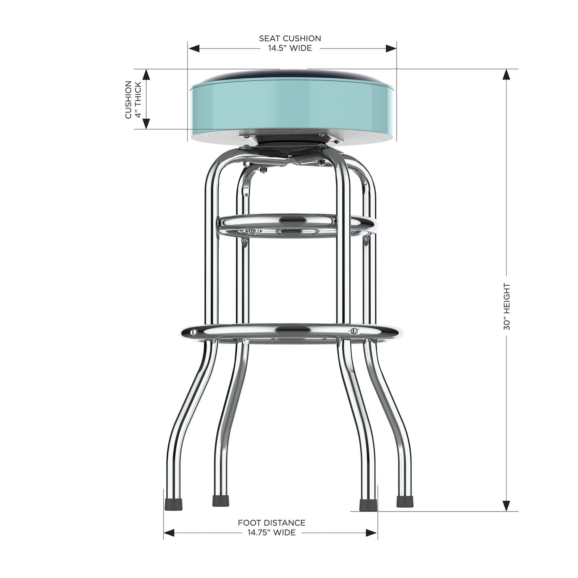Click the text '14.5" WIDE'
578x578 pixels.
pos(290,48)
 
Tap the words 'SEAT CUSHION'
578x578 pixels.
pos(290,39)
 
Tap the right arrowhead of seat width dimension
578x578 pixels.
pos(391,48)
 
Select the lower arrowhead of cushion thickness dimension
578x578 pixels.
pos(146,124)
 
